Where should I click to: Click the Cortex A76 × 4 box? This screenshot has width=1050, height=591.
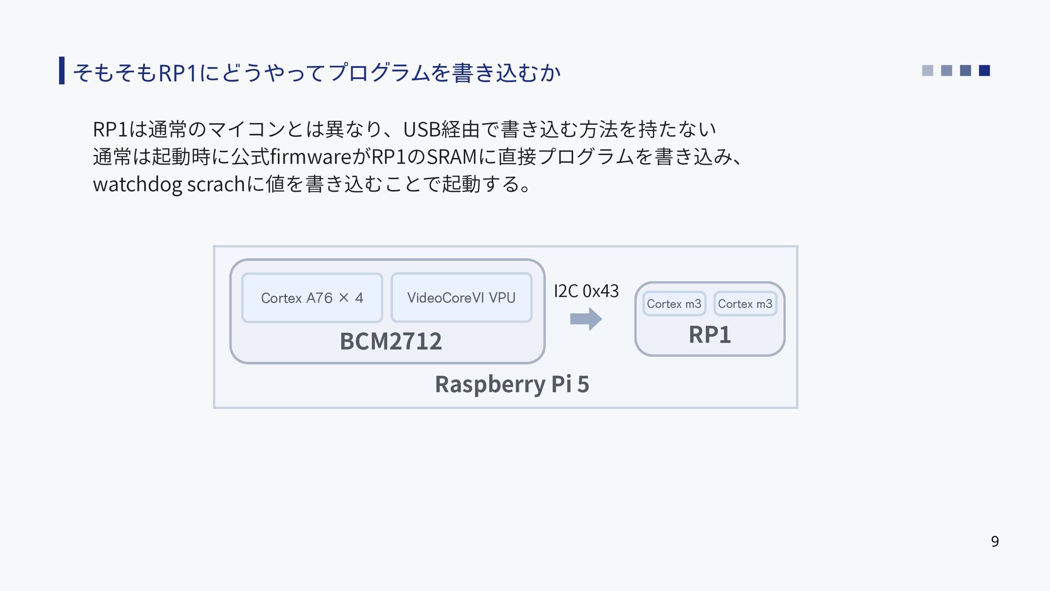[x=312, y=298]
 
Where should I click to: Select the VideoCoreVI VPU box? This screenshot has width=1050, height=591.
[x=462, y=298]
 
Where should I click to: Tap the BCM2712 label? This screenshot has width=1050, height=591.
[x=390, y=341]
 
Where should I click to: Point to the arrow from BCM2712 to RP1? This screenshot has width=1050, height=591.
[x=586, y=319]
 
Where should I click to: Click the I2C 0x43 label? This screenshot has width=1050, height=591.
[x=586, y=291]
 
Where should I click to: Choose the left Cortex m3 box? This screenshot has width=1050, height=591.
[x=674, y=304]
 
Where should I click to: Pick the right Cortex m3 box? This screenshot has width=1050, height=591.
[x=745, y=304]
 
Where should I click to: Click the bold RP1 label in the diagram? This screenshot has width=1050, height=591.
[x=710, y=334]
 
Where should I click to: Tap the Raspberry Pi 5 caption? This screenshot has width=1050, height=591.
[x=512, y=384]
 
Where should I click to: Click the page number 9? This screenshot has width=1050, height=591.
[x=995, y=541]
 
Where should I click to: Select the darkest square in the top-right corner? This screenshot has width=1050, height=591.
[x=984, y=71]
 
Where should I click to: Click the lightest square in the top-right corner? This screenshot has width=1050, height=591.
[x=927, y=71]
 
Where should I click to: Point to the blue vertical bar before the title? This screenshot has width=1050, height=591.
[x=62, y=70]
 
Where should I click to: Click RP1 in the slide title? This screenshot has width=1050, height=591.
[x=177, y=72]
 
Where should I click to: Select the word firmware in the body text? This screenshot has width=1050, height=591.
[x=307, y=157]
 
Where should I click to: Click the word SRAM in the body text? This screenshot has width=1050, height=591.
[x=451, y=157]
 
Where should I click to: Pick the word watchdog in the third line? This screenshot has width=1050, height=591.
[x=137, y=184]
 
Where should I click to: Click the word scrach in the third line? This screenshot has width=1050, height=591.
[x=215, y=184]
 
